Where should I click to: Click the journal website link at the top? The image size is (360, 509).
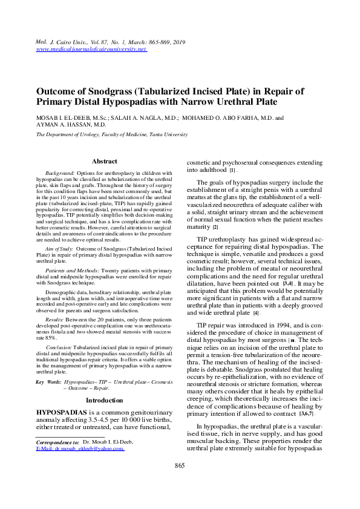(x=92, y=49)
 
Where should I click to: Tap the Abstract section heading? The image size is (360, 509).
(x=104, y=162)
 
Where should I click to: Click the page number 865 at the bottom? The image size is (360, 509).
(x=180, y=482)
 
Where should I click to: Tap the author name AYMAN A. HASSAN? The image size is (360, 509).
(x=60, y=125)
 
